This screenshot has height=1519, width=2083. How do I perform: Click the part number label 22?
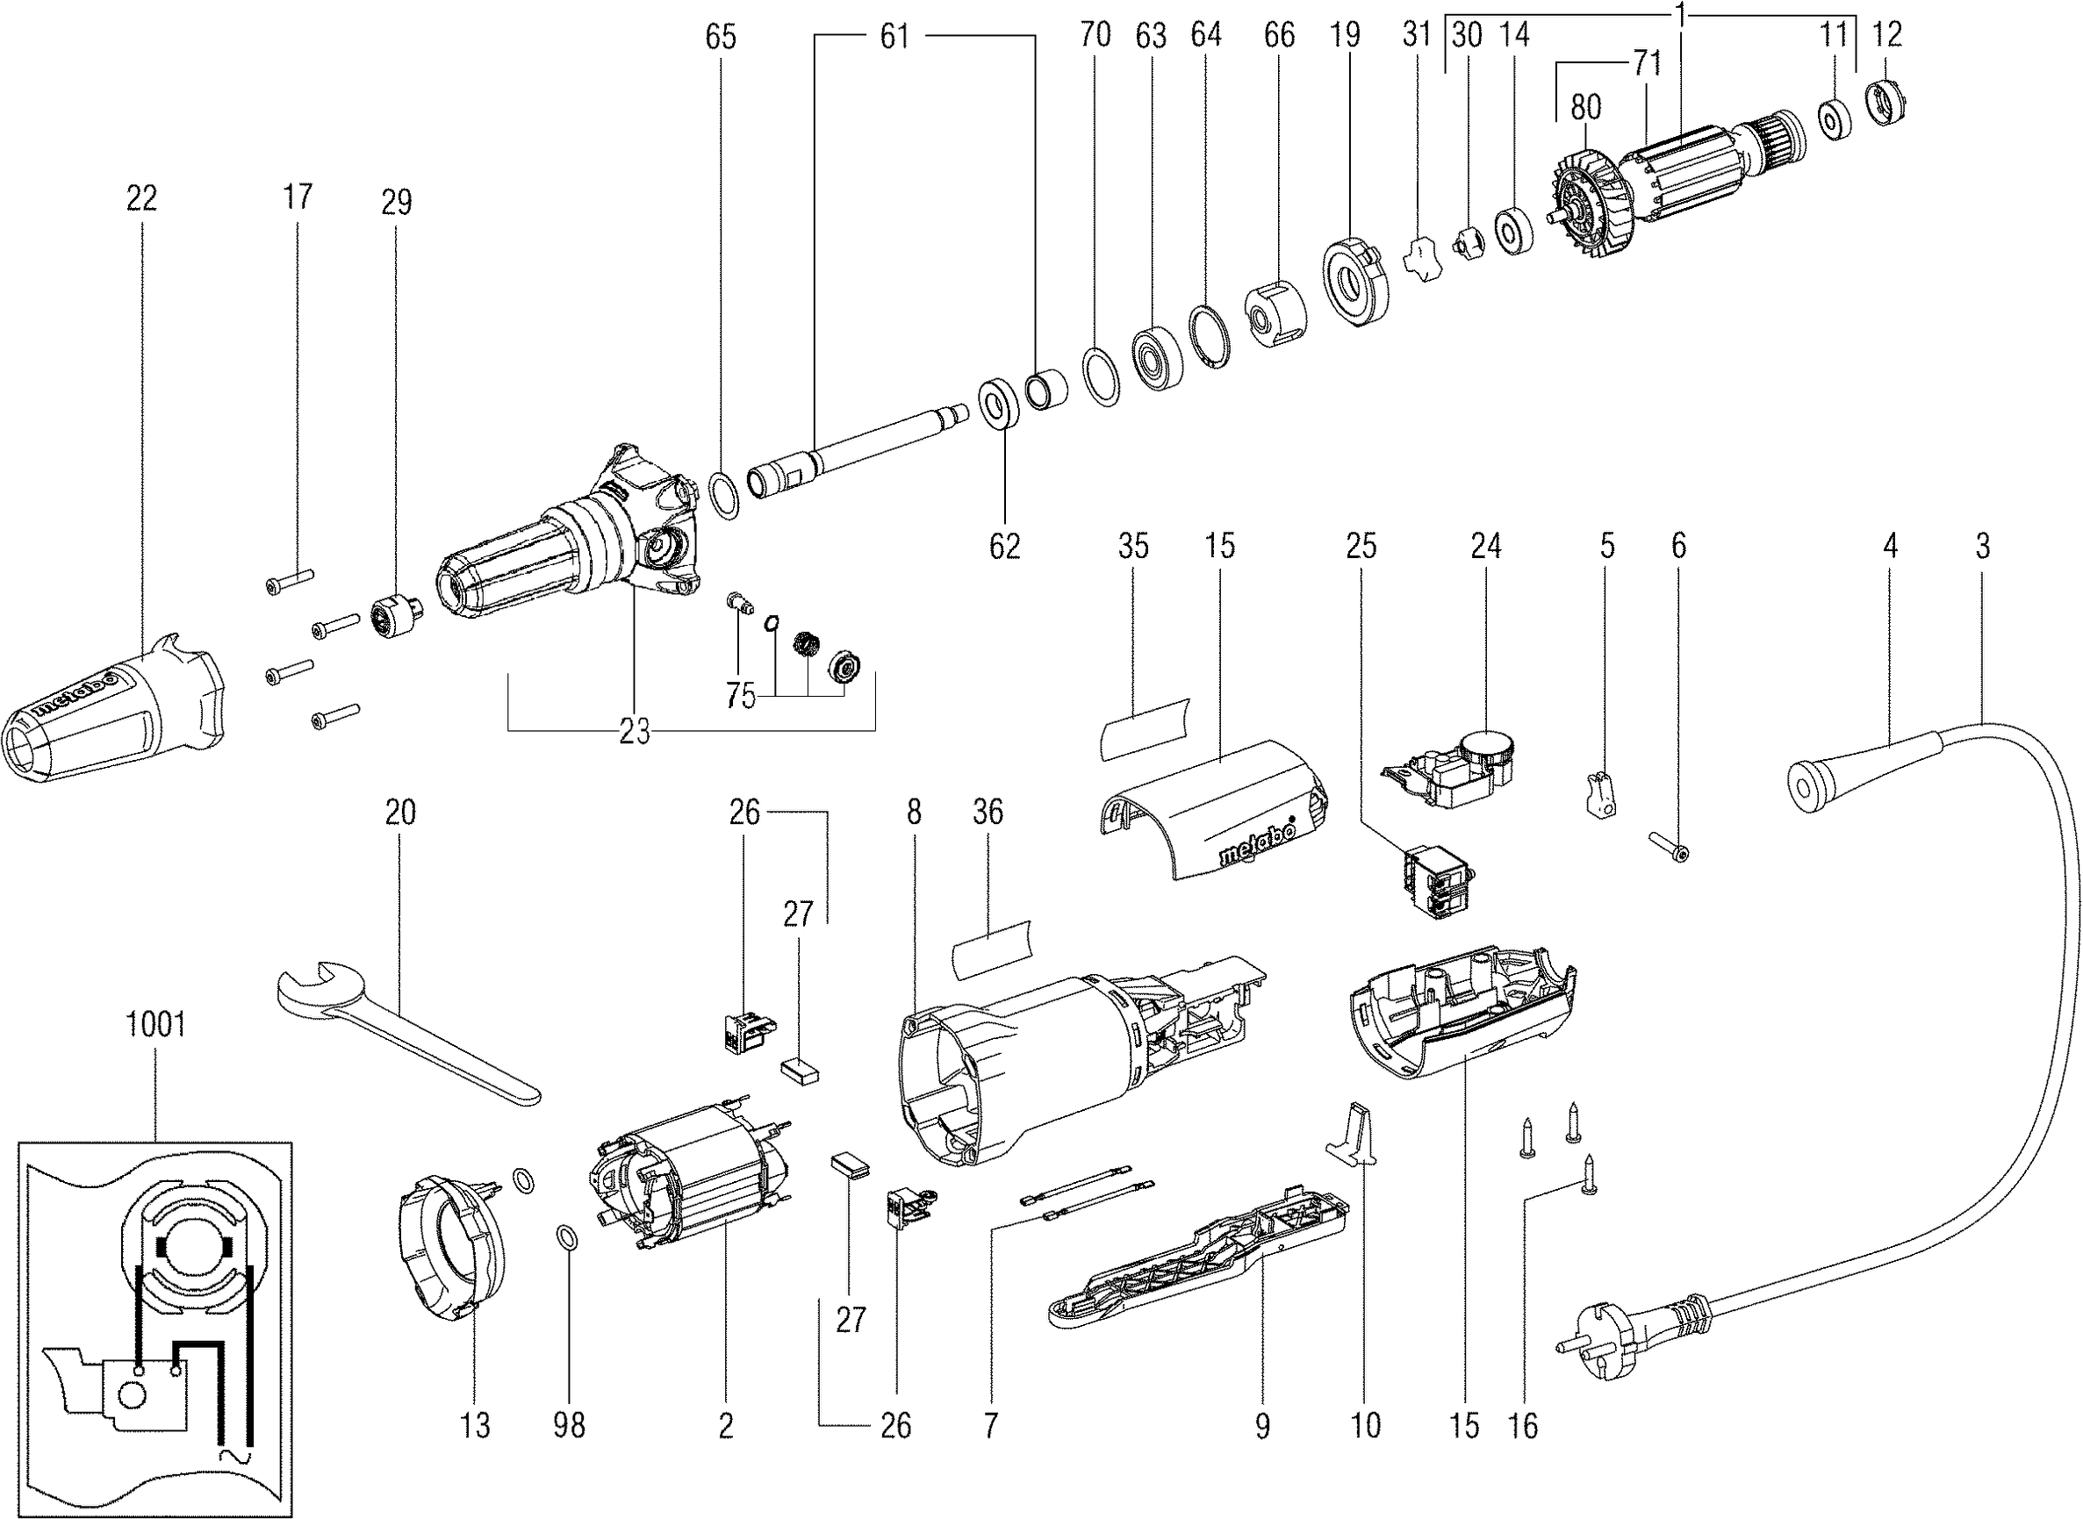tap(141, 197)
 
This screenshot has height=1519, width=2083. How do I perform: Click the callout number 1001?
tap(155, 1023)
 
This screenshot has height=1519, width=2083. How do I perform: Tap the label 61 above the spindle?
tap(894, 37)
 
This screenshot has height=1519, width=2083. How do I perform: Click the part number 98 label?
tap(570, 1425)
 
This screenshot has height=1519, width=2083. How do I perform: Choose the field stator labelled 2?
tap(690, 1186)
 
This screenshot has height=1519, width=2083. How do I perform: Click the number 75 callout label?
tap(740, 696)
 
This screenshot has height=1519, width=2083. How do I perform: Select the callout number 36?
tap(988, 812)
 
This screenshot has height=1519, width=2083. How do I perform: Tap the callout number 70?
tap(1095, 35)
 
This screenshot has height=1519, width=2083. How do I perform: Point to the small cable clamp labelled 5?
tap(1601, 793)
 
